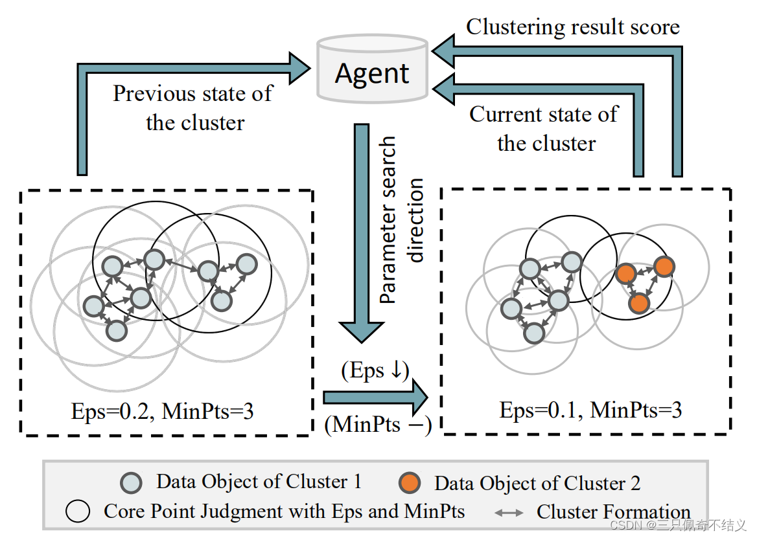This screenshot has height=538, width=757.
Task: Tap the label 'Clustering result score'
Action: point(573,27)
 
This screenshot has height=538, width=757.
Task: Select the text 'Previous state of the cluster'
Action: point(193,107)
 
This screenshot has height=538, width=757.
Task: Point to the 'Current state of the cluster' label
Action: point(544,128)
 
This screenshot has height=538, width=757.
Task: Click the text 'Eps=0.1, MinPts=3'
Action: point(590,410)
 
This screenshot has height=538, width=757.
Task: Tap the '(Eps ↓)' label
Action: point(375,372)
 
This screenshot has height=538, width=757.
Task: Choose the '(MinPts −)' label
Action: point(378,424)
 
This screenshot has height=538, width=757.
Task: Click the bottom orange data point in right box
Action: point(638,302)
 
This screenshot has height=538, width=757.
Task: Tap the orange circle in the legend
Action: point(409,483)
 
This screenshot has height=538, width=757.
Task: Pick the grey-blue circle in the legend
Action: point(132,483)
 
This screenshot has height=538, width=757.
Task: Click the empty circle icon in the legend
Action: point(78,512)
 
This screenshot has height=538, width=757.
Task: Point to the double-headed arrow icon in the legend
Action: point(509,513)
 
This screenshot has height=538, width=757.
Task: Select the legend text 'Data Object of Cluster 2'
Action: point(537,483)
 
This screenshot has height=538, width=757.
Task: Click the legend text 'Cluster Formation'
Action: point(613,512)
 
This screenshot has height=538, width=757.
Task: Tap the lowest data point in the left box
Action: point(116,331)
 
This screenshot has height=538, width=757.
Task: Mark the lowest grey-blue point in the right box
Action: point(533,333)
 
